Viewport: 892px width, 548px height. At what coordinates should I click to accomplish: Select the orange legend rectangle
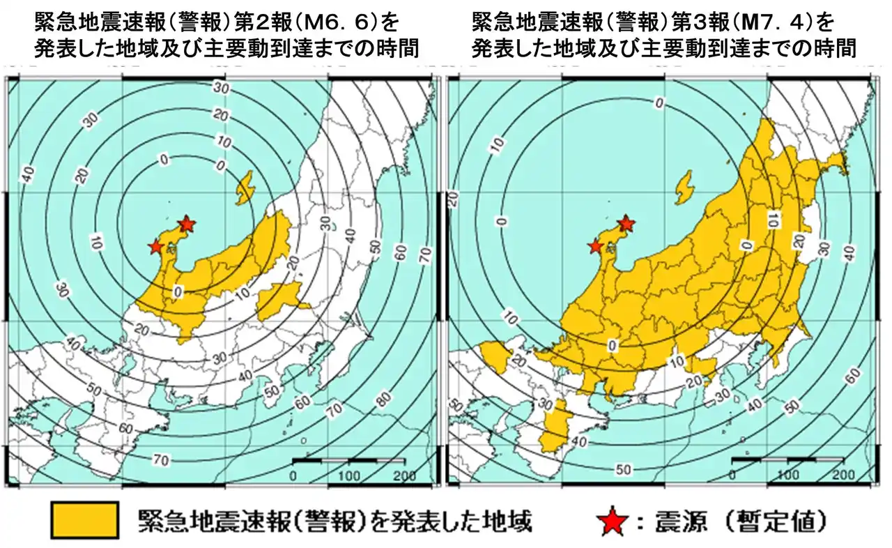point(84,519)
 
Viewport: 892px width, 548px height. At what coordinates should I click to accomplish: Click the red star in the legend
point(610,521)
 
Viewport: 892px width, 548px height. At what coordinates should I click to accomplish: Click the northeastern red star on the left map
point(186,224)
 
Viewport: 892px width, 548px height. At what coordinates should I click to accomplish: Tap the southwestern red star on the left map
point(155,246)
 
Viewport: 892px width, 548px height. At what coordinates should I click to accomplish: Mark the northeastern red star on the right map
point(626,223)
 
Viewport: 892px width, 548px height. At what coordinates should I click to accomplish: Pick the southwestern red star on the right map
point(595,246)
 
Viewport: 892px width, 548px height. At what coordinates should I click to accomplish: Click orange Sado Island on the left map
point(245,189)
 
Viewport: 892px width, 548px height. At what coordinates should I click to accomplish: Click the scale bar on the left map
point(348,461)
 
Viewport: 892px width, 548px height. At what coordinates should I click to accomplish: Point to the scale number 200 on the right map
point(843,475)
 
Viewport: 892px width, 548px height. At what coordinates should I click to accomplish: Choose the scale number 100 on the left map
point(348,475)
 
